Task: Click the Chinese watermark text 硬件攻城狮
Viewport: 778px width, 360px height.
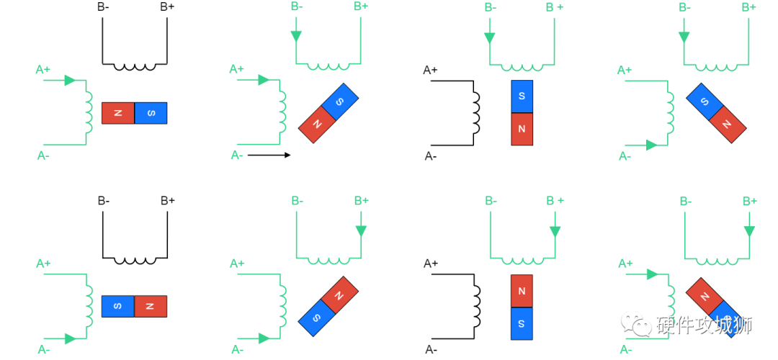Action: tap(704, 325)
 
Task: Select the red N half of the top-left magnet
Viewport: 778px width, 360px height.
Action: tap(118, 113)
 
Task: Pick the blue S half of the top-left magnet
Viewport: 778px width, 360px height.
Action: tap(151, 113)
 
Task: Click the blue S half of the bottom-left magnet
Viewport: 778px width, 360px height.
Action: tap(118, 306)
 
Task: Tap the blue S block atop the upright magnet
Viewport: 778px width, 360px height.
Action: tap(522, 96)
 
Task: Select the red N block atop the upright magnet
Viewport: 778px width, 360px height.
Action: tap(522, 291)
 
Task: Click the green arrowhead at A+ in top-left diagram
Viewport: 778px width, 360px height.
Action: tap(69, 80)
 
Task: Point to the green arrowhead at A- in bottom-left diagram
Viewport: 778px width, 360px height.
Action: tap(69, 338)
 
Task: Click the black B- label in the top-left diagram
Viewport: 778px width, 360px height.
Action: tap(103, 8)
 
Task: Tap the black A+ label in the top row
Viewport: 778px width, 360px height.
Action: tap(431, 70)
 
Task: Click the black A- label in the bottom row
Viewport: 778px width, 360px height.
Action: tap(431, 350)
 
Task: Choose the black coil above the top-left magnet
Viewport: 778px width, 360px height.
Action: tap(135, 67)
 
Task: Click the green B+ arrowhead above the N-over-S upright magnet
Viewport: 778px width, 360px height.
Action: tap(555, 232)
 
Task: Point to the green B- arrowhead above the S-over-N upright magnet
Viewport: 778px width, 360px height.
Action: tap(490, 37)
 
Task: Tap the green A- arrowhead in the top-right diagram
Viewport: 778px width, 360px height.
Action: tap(651, 145)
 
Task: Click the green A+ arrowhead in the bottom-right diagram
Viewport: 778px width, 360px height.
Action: tap(651, 274)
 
